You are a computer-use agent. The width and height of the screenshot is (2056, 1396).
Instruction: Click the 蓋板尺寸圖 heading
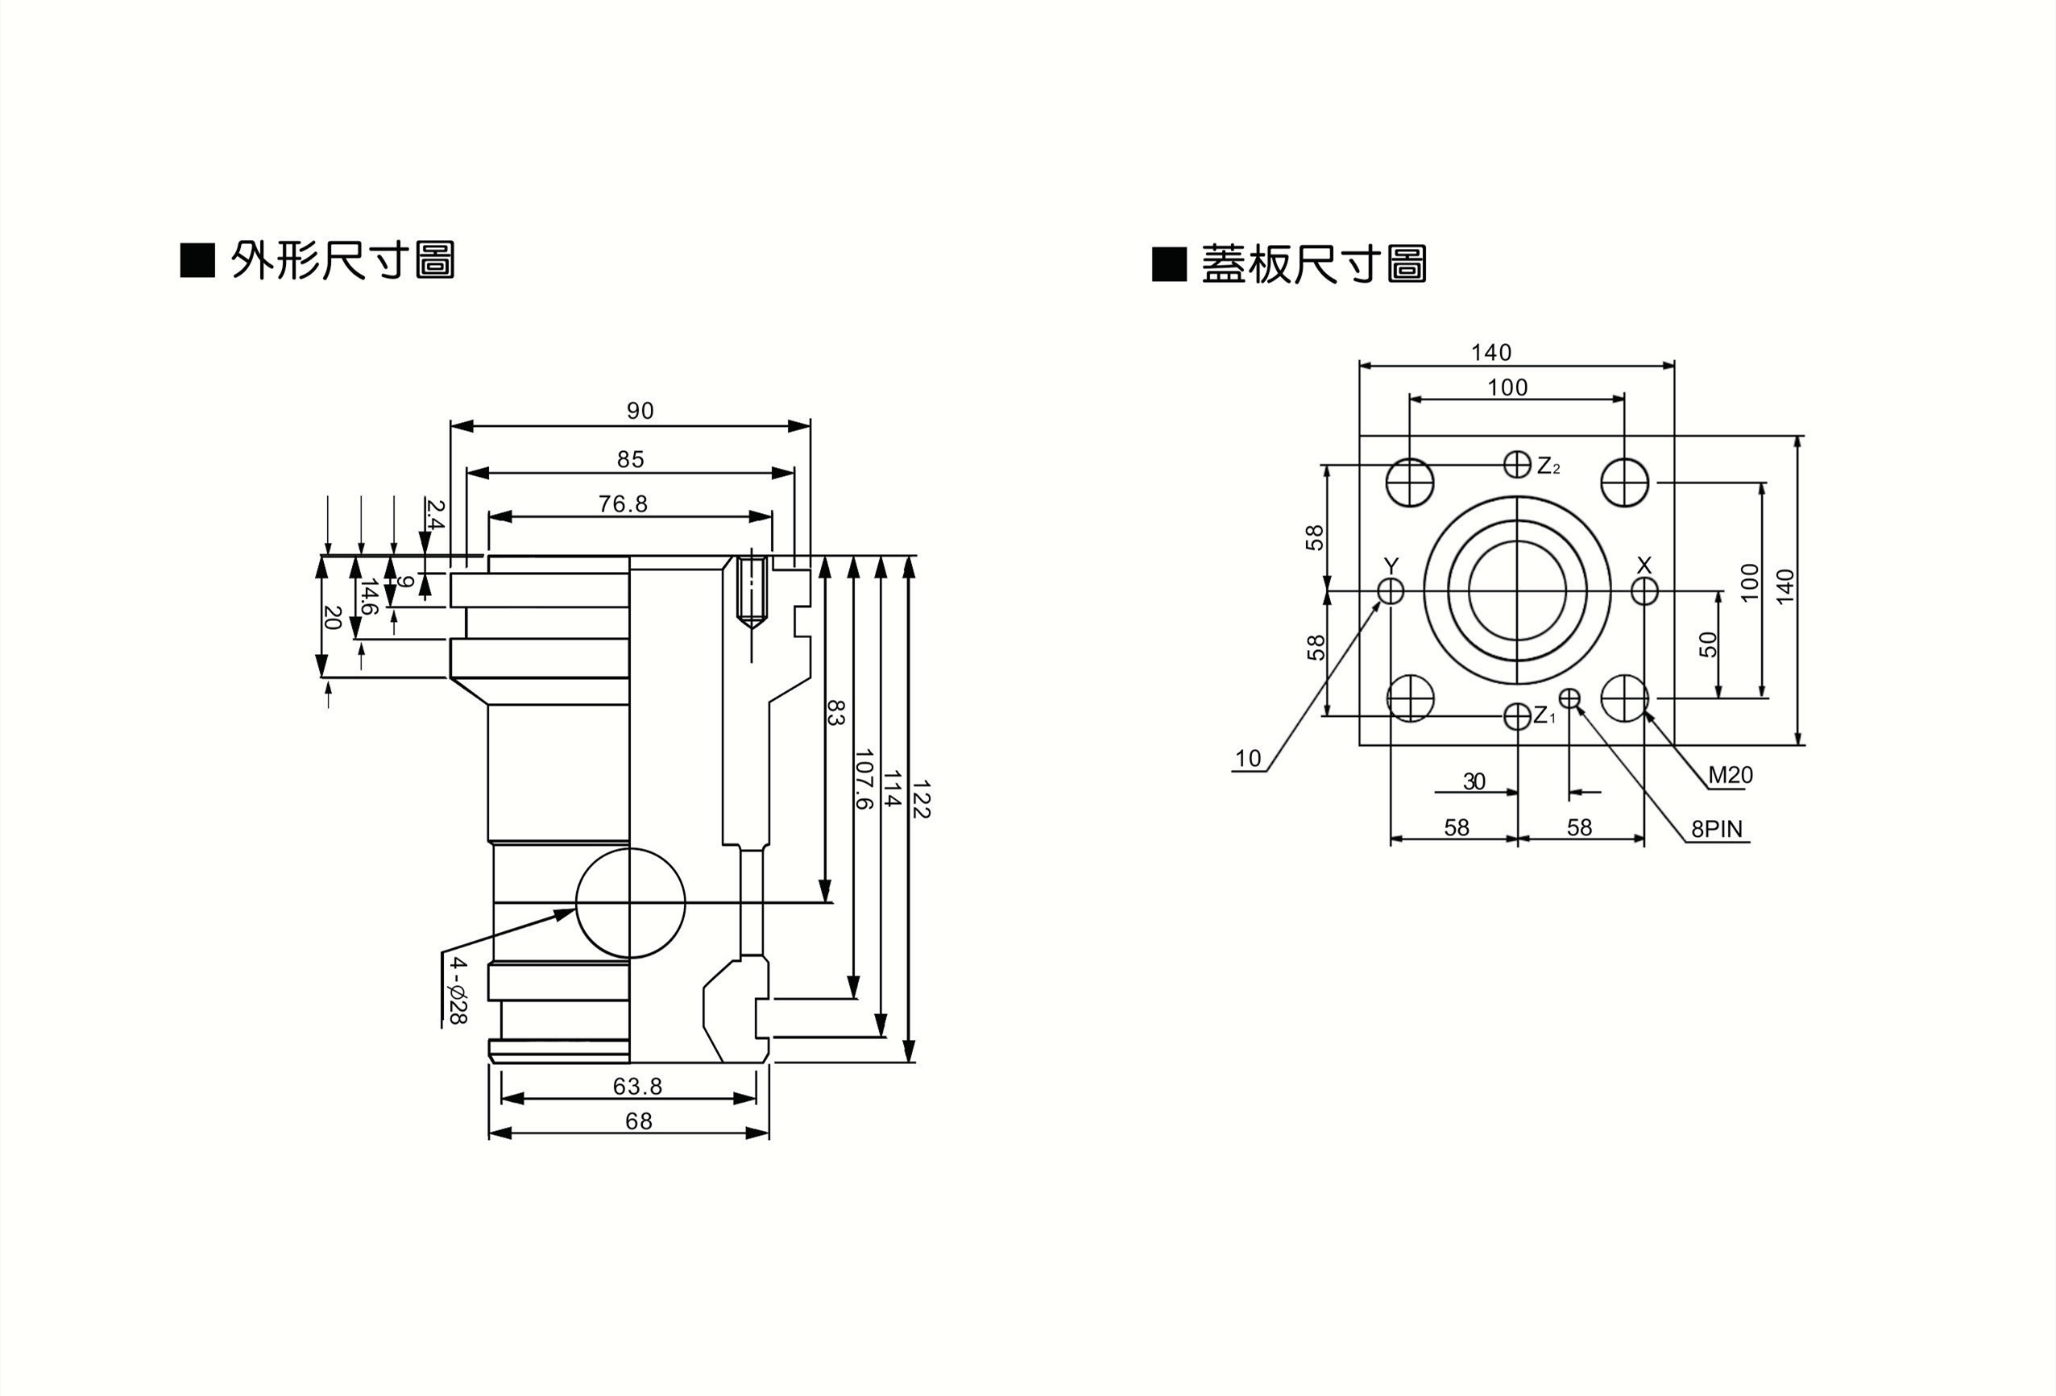point(1314,264)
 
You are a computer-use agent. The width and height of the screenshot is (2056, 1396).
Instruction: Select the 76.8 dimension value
point(623,504)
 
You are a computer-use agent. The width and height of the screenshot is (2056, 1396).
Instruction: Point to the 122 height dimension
point(920,798)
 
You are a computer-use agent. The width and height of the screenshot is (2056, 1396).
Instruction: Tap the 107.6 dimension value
point(864,778)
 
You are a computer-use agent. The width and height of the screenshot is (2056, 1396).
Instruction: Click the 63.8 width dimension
point(637,1086)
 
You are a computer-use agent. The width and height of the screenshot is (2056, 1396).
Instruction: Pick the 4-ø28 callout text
point(457,990)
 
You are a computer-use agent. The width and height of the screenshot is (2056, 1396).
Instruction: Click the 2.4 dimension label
point(434,513)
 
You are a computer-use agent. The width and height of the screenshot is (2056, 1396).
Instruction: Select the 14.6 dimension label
point(369,597)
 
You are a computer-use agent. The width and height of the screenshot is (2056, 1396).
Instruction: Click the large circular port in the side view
point(631,903)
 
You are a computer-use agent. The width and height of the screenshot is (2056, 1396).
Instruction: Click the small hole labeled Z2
point(1517,463)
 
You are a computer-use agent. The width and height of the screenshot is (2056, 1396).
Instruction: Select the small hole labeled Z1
point(1517,715)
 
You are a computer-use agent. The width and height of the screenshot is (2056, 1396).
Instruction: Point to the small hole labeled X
point(1644,590)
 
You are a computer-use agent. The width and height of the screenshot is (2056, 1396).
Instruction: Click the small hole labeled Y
point(1391,590)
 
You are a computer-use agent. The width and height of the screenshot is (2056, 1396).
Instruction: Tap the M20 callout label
point(1730,776)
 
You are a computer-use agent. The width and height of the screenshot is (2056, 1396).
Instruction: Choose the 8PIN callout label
point(1716,829)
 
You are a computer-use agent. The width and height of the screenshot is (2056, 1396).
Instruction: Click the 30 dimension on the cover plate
point(1474,781)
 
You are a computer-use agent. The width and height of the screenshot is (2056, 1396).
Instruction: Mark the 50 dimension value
point(1708,644)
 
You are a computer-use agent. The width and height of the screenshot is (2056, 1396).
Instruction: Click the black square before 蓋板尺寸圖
point(1169,264)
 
